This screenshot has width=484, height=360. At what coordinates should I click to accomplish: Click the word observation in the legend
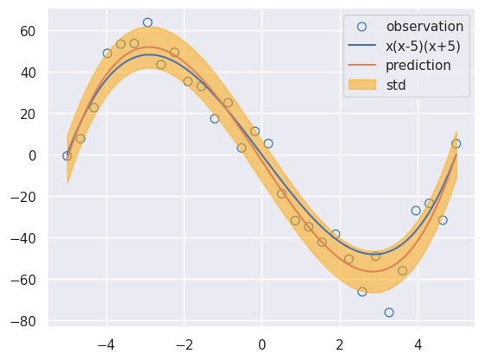pos(424,27)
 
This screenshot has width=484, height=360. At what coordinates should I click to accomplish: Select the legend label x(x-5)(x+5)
pos(424,46)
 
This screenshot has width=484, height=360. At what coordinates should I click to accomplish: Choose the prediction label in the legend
pos(418,66)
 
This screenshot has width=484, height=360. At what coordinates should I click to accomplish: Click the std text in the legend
pos(396,85)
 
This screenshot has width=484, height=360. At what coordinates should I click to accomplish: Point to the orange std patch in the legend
pos(362,85)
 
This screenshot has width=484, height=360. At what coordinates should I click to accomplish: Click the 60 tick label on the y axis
pos(28,31)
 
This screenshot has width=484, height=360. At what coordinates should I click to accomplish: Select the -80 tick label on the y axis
pos(23,321)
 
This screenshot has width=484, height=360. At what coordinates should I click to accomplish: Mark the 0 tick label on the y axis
pos(33,155)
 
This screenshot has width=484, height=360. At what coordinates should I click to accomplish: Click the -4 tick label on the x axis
pos(106,345)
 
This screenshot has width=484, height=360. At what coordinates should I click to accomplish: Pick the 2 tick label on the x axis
pos(340,345)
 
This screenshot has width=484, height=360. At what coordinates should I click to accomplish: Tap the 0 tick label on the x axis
pos(261,345)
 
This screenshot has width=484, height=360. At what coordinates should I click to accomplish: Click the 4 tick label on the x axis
pos(418,345)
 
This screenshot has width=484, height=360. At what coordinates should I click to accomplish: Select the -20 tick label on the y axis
pos(23,197)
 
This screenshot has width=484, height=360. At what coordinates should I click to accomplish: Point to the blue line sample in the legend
pos(362,46)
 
